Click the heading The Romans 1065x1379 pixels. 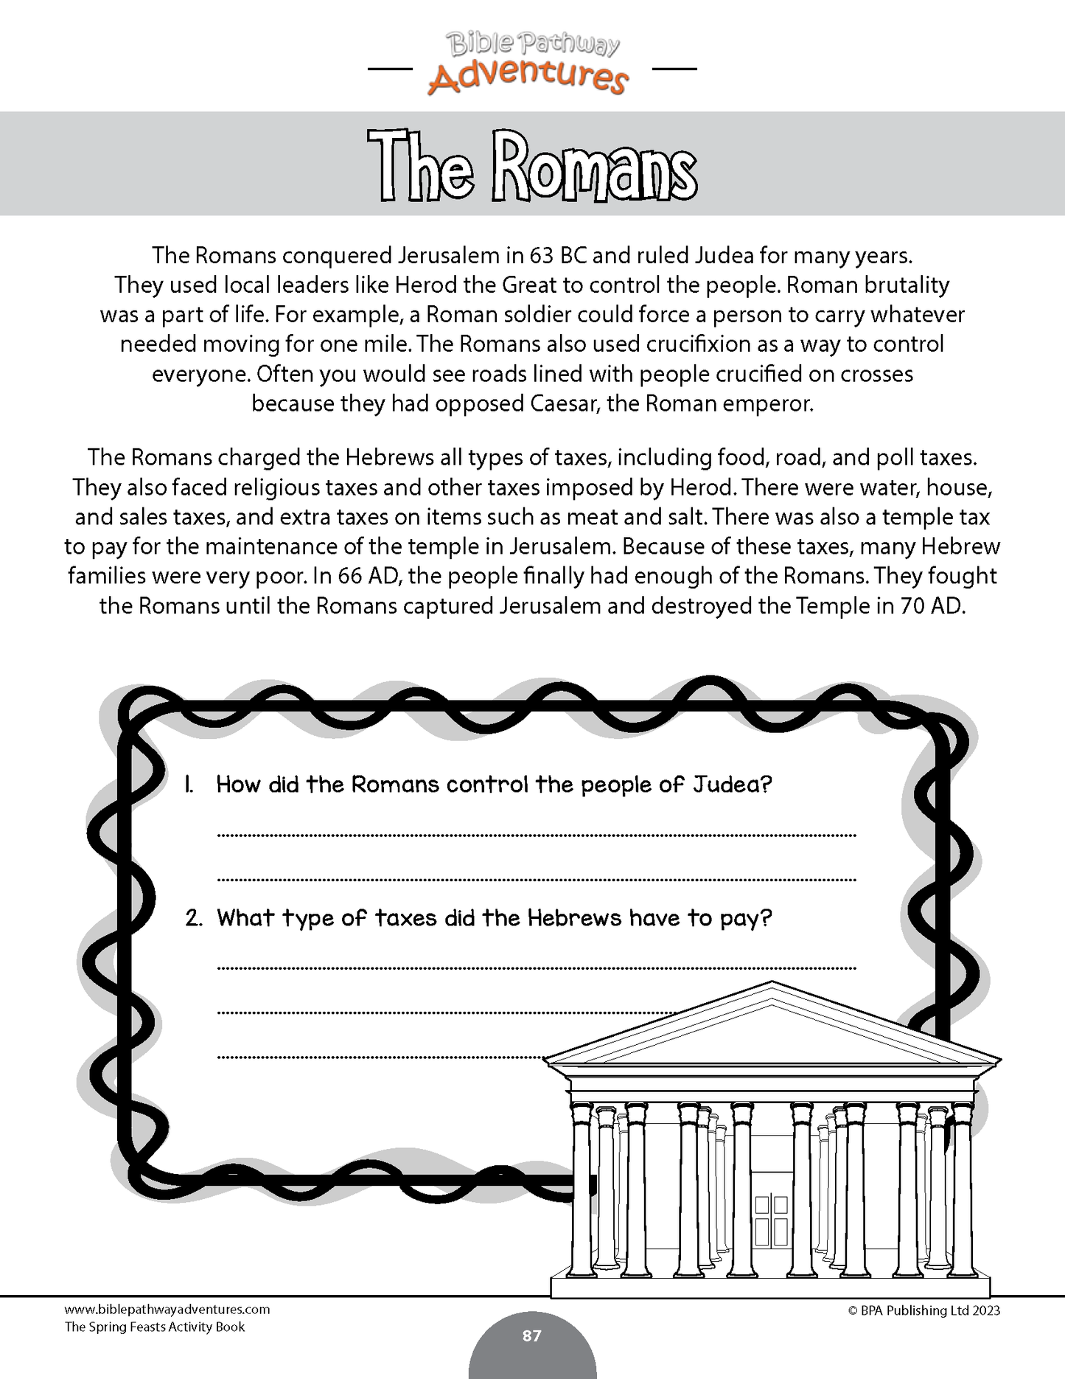(532, 167)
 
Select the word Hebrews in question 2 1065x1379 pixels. (585, 918)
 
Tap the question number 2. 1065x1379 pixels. (193, 919)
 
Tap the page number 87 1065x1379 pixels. (531, 1335)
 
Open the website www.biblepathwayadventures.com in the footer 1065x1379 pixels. (167, 1310)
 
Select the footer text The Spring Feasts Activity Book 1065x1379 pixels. (155, 1327)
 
